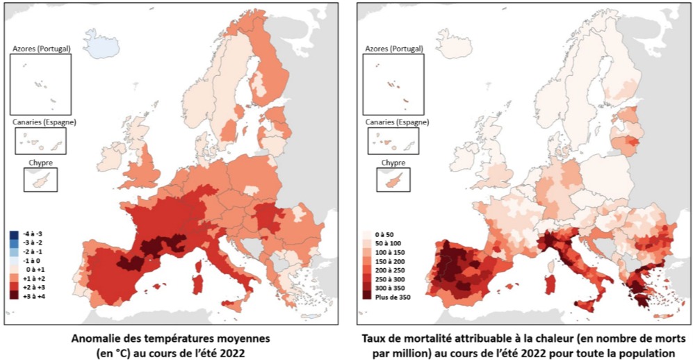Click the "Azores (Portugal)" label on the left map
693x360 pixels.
tap(42, 49)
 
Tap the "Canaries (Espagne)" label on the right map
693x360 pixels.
tap(394, 122)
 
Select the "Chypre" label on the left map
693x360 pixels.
tap(40, 163)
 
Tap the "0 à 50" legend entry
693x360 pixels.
tap(380, 234)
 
